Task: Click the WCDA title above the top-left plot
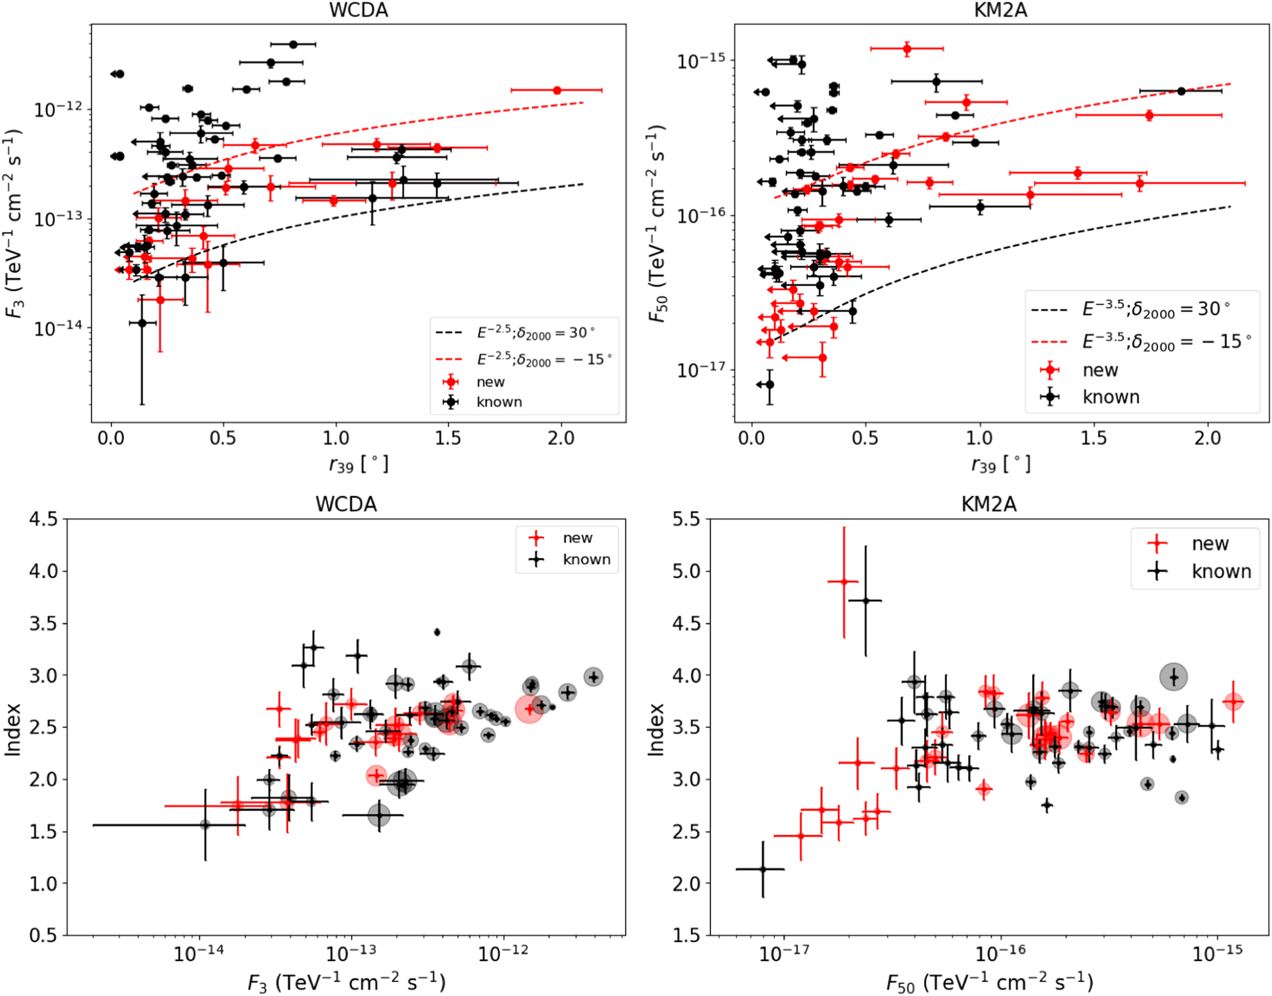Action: click(x=358, y=10)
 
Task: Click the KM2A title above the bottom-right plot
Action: click(x=988, y=504)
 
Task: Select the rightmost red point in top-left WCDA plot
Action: click(x=557, y=90)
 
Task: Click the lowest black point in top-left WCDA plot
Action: click(x=142, y=323)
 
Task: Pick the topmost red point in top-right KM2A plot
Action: click(x=907, y=48)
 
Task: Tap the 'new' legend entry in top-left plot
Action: click(x=490, y=382)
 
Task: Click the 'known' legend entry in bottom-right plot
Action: click(x=1220, y=571)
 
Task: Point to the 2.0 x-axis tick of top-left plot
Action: click(x=560, y=438)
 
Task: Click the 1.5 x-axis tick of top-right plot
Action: click(x=1093, y=438)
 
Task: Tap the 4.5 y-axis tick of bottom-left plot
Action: click(x=43, y=519)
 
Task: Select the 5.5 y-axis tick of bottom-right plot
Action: click(x=686, y=519)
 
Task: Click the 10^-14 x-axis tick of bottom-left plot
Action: click(x=199, y=953)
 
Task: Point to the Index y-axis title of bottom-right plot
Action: click(x=656, y=729)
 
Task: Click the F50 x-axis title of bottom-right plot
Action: click(x=989, y=983)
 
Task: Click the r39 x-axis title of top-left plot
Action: click(x=358, y=465)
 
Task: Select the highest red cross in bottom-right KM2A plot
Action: click(x=844, y=581)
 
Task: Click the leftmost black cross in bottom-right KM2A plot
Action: click(x=763, y=869)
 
